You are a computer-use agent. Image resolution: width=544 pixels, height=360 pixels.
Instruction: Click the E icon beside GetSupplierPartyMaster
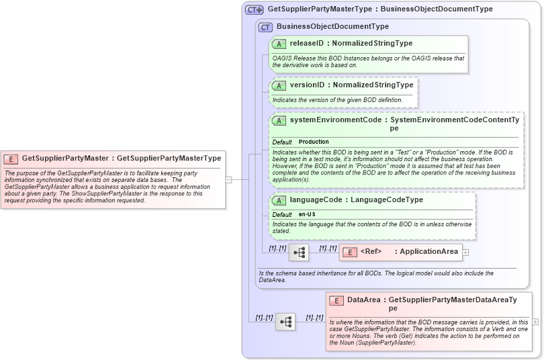(x=11, y=159)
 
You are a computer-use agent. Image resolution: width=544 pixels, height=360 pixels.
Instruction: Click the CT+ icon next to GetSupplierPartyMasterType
(x=255, y=9)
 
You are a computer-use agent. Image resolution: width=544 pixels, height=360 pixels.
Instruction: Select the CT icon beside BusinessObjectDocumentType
(x=265, y=27)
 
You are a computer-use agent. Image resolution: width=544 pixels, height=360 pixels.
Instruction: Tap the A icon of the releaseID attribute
(x=279, y=44)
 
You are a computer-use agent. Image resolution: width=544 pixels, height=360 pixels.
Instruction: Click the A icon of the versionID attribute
(x=279, y=85)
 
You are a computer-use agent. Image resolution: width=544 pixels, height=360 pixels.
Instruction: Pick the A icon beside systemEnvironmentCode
(x=279, y=120)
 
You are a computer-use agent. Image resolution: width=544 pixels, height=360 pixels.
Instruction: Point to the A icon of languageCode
(x=279, y=200)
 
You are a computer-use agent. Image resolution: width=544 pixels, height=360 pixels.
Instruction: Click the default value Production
(x=314, y=142)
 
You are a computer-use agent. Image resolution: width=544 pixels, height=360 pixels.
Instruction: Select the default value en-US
(x=308, y=214)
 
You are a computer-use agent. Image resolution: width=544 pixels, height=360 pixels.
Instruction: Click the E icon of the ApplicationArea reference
(x=349, y=252)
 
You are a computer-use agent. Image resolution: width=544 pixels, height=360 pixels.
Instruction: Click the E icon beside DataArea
(x=336, y=300)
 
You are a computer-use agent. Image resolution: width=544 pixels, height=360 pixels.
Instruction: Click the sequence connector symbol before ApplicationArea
(x=299, y=253)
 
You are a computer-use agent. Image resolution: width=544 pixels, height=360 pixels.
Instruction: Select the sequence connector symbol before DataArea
(x=285, y=322)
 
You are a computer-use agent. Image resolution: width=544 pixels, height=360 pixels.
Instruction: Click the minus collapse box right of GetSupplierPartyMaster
(x=228, y=179)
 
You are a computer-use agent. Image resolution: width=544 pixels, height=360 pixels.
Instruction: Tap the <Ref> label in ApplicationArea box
(x=371, y=252)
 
